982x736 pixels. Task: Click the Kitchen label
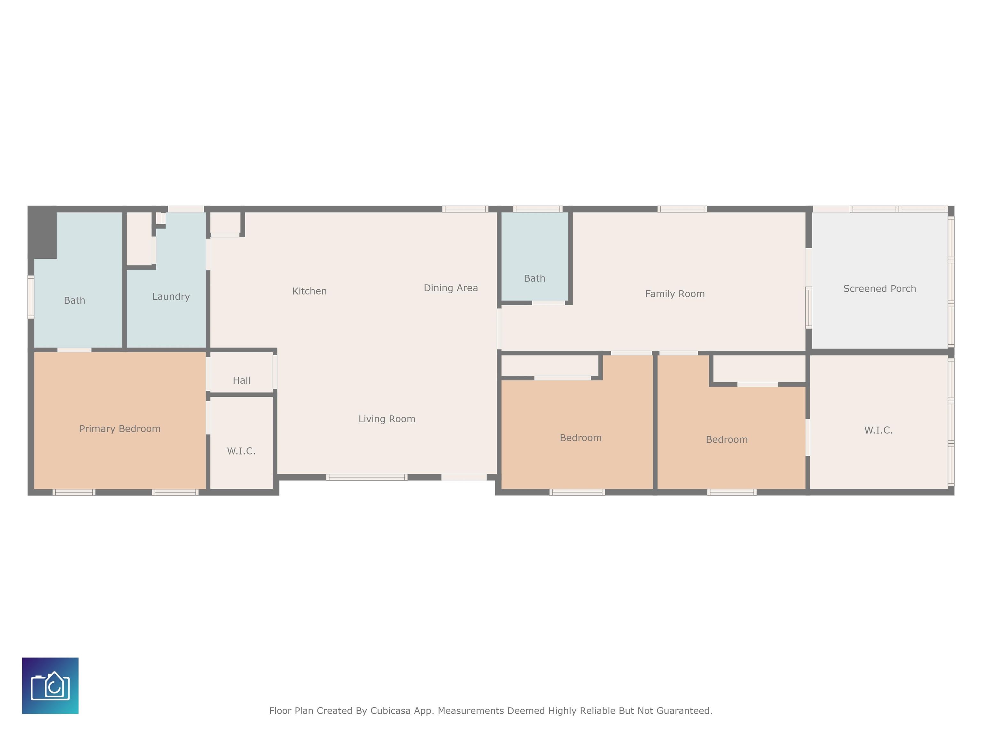[x=309, y=291]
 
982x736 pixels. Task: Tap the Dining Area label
[x=451, y=288]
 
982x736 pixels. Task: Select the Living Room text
[x=387, y=419]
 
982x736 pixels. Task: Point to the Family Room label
[x=675, y=294]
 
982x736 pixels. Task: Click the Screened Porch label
[x=879, y=288]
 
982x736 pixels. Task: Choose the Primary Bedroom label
[x=120, y=429]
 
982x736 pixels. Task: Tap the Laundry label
[x=171, y=296]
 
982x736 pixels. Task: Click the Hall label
[x=242, y=380]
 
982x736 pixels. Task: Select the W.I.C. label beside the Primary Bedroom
[x=241, y=451]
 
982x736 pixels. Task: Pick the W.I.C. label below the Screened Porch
[x=878, y=430]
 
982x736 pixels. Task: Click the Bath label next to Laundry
[x=74, y=300]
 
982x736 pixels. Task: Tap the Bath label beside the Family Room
[x=534, y=278]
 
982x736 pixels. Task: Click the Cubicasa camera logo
[x=50, y=686]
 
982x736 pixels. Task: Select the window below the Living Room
[x=367, y=477]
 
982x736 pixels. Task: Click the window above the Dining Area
[x=465, y=209]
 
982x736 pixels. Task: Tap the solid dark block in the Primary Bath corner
[x=42, y=232]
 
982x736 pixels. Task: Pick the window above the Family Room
[x=682, y=209]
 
